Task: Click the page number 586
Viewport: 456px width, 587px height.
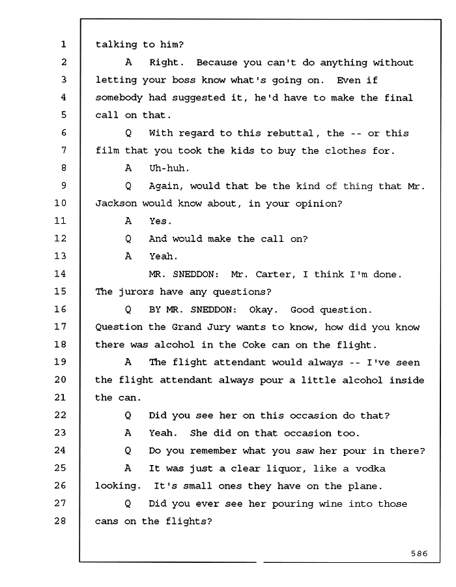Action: (419, 553)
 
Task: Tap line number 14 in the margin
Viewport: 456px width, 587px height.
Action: (60, 274)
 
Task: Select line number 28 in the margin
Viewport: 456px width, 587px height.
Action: (60, 520)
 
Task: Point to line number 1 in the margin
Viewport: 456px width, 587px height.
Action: (64, 44)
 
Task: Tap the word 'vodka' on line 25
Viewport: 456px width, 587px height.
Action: (370, 468)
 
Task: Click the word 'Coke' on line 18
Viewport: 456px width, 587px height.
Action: (254, 344)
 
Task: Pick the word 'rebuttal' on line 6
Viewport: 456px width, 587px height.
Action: (290, 133)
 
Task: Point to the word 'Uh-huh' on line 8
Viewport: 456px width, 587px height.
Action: (167, 168)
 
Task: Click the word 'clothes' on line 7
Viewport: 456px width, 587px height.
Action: (345, 151)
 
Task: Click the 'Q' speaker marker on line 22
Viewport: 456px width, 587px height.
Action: (128, 415)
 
